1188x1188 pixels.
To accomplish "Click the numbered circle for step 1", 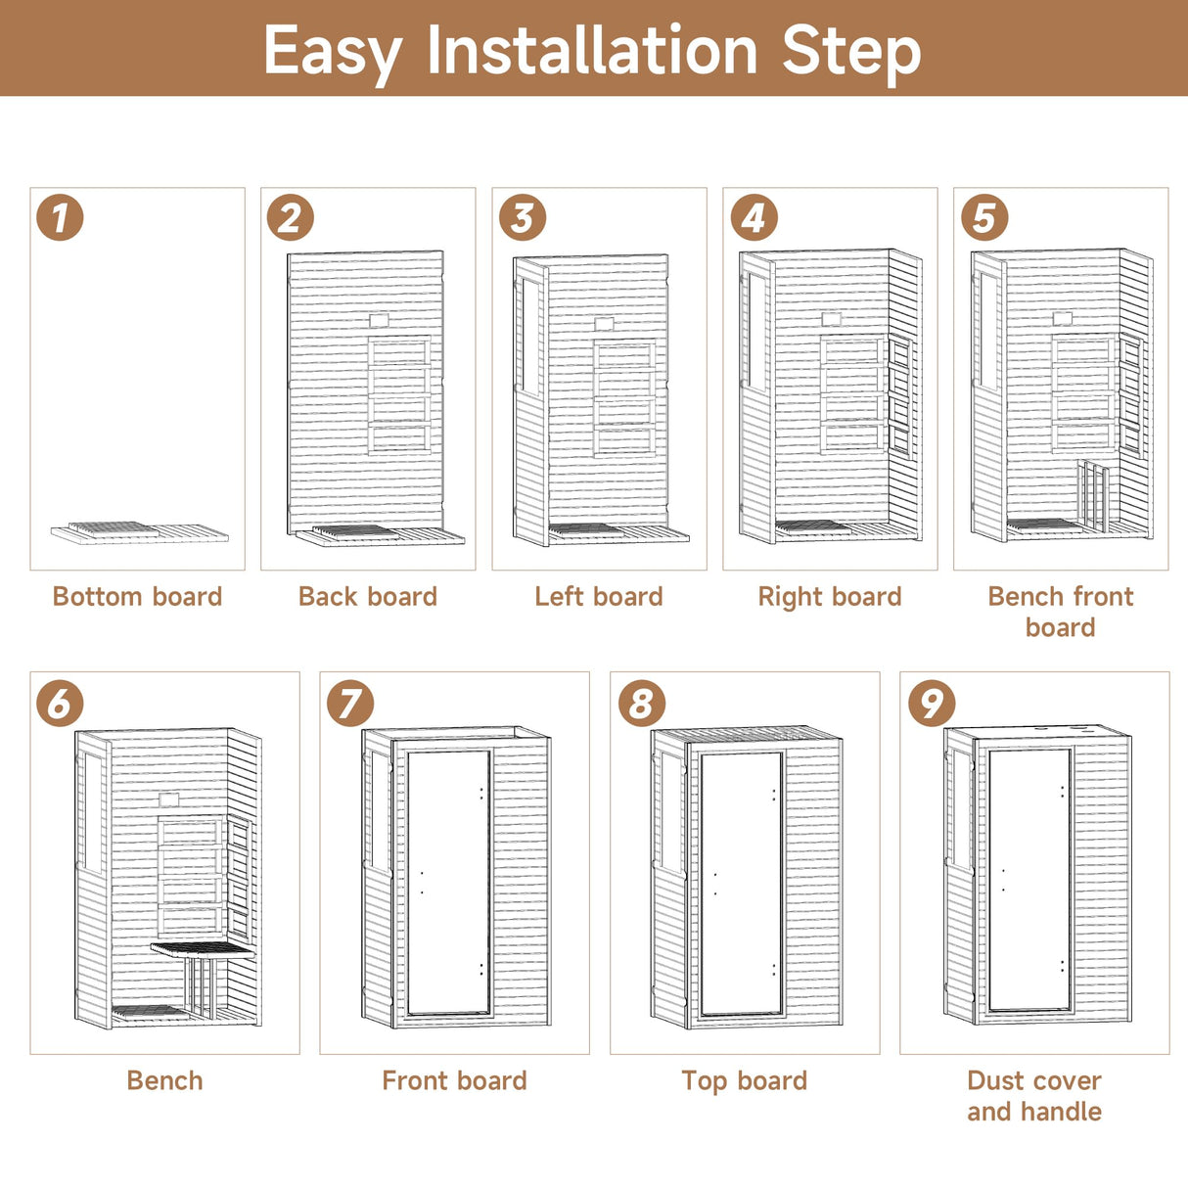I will click(x=60, y=217).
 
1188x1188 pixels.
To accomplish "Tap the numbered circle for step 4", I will click(x=754, y=217).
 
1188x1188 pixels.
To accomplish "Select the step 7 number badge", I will click(x=350, y=703).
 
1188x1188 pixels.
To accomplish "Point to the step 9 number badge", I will click(x=931, y=703).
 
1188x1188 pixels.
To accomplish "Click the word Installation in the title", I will click(x=592, y=51).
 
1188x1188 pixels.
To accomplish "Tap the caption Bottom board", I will click(x=137, y=597).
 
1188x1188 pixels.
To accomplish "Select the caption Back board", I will click(x=368, y=597).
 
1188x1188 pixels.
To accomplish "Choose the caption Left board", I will click(x=599, y=597).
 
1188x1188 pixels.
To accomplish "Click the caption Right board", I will click(x=830, y=597).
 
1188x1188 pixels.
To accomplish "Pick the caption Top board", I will click(x=745, y=1081).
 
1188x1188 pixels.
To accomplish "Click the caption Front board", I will click(x=454, y=1081).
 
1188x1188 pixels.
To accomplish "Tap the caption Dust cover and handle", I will click(x=1034, y=1096).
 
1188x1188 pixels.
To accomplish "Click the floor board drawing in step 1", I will click(x=139, y=532).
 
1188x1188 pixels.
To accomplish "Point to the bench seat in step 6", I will click(x=203, y=949).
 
